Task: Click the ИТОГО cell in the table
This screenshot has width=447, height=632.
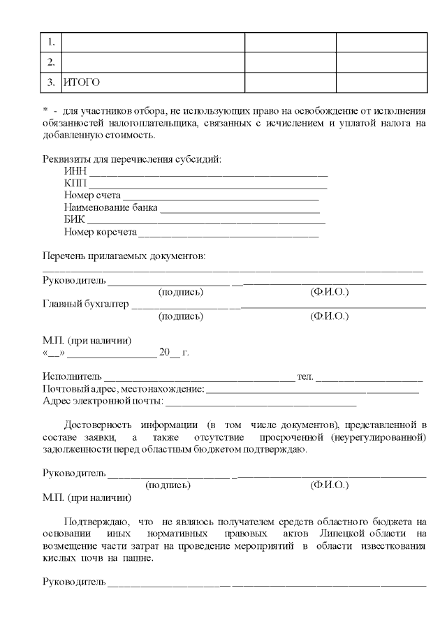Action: [82, 82]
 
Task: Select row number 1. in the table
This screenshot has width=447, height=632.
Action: [52, 42]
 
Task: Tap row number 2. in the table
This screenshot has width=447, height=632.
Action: [52, 62]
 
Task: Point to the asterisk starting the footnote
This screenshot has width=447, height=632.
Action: [45, 111]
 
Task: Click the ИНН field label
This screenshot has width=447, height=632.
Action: [74, 172]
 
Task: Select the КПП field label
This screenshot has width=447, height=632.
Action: [74, 184]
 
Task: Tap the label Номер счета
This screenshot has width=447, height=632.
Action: [92, 196]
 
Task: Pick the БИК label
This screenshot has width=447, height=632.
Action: [73, 219]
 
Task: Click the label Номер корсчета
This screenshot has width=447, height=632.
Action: [100, 231]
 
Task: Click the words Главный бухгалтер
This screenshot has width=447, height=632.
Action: [86, 304]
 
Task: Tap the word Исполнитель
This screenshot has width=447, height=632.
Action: [72, 376]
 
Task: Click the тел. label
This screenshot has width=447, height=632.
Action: [305, 376]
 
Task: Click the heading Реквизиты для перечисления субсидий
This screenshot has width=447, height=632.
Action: [132, 159]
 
